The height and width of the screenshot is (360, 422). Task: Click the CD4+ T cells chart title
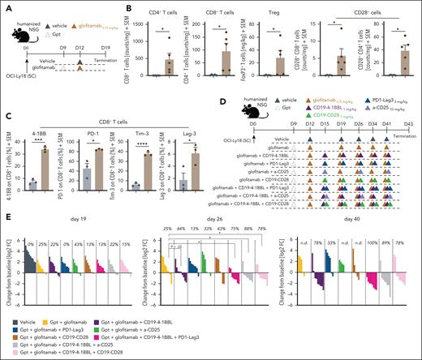(160, 11)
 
